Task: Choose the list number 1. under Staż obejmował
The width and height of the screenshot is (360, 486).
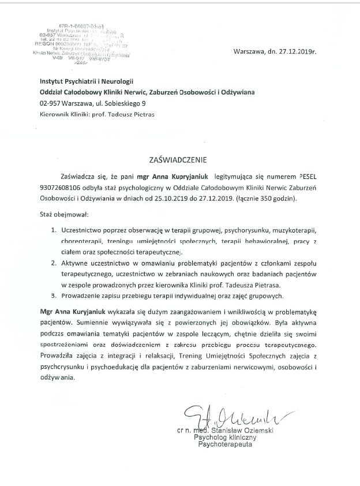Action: click(52, 229)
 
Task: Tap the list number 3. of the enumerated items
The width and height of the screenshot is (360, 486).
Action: click(52, 297)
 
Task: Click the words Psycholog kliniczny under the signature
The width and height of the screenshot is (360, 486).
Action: click(222, 438)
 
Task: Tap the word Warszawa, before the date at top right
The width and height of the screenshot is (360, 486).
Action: click(249, 52)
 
